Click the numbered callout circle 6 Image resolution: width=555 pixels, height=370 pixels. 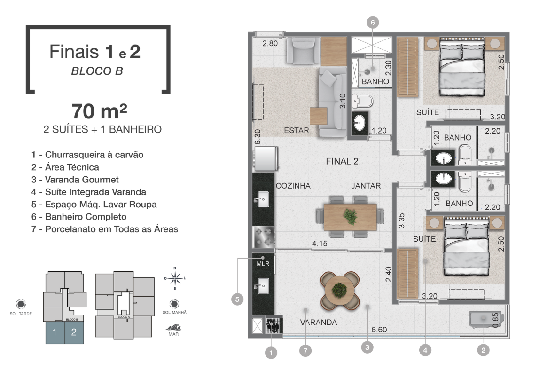373,23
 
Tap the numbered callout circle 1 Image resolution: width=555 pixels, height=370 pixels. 271,353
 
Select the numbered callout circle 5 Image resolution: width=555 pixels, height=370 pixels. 237,299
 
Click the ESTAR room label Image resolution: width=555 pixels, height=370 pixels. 296,130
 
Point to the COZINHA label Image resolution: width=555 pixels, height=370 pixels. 293,186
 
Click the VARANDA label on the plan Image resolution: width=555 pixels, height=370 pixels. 318,322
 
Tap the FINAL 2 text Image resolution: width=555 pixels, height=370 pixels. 342,161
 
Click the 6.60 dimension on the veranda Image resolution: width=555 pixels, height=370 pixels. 379,330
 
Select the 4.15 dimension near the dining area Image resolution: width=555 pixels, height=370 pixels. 320,244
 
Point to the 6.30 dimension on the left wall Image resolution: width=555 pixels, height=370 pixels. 258,137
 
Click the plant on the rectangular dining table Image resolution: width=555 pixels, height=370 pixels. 350,216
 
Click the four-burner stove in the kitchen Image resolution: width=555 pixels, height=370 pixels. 264,236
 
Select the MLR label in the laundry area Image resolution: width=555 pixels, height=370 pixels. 263,263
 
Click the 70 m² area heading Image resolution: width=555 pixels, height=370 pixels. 99,111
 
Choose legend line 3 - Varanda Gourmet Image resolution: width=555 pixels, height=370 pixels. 75,180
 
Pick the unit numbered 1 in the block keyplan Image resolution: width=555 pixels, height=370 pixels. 55,332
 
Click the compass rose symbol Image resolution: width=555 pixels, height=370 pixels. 175,279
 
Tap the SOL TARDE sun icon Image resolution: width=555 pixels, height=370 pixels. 21,304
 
